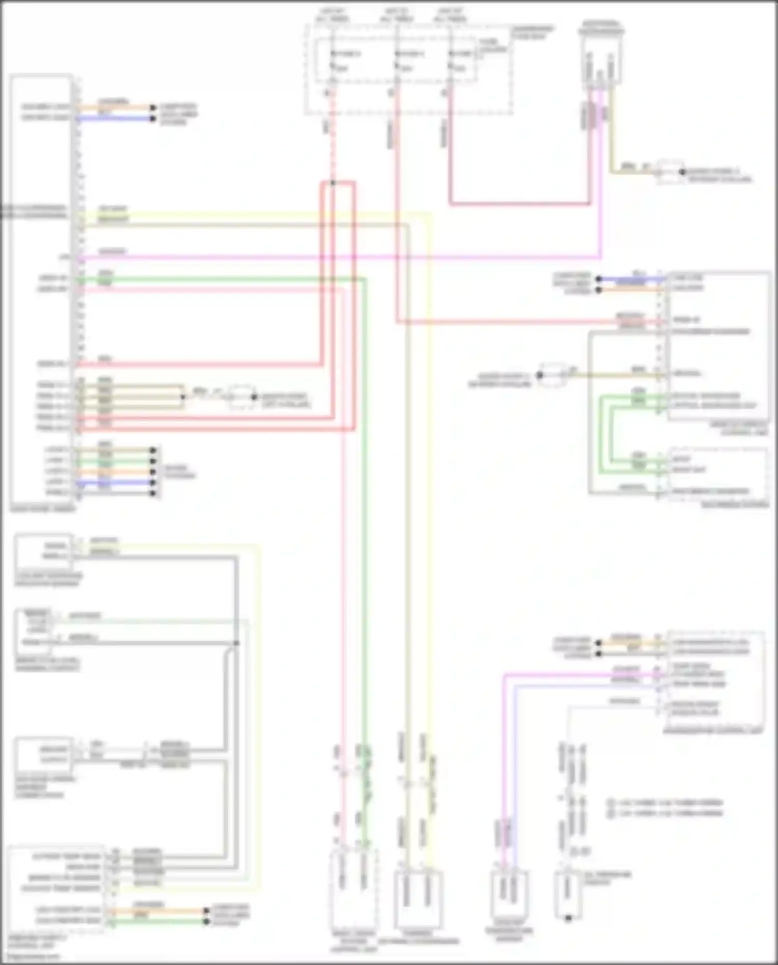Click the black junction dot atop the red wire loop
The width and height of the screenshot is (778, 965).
(x=332, y=183)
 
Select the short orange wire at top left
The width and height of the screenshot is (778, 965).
(x=114, y=108)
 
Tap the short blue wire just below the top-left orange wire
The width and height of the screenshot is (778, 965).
(x=114, y=119)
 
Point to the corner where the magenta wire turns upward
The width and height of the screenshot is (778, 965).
(x=601, y=257)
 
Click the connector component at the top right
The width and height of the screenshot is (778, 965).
(x=601, y=57)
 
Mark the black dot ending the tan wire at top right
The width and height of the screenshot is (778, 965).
(x=683, y=172)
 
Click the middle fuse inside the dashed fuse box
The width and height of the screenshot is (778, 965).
(x=397, y=60)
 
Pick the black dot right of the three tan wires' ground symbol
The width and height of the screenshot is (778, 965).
(x=254, y=397)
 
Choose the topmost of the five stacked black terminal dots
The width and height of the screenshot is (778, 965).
(x=153, y=450)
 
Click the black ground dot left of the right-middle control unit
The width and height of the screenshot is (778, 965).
(x=540, y=374)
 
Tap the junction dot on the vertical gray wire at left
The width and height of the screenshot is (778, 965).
(x=236, y=643)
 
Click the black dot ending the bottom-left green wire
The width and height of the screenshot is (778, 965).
(x=206, y=921)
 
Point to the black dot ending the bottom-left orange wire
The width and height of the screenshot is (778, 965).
(x=206, y=911)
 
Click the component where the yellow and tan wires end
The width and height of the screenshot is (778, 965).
(x=418, y=900)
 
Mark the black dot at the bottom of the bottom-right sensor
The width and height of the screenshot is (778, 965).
(x=568, y=918)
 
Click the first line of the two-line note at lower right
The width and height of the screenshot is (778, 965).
(x=665, y=802)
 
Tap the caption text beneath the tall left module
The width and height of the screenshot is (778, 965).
(x=43, y=509)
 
